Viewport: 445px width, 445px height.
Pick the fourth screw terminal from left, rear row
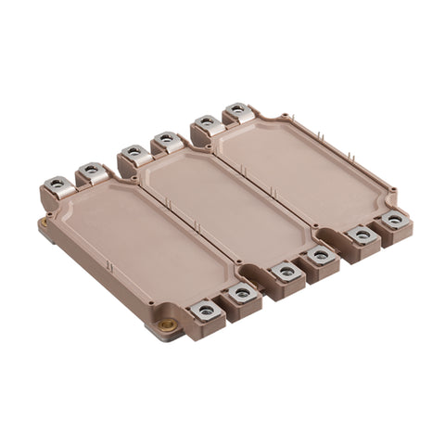[166, 139]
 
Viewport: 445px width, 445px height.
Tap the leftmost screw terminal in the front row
[205, 311]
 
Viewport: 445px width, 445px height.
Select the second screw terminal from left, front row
[242, 294]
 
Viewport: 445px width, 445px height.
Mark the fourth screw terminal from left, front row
[321, 255]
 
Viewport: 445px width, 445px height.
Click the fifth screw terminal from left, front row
[362, 235]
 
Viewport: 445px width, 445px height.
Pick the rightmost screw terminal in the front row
[395, 220]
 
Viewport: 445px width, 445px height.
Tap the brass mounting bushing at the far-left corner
[43, 223]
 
